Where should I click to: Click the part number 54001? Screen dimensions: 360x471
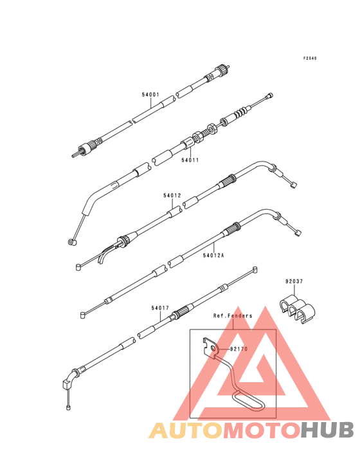[150, 95]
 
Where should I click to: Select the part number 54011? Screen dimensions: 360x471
[190, 160]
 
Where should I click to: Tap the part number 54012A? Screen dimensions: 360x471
[213, 255]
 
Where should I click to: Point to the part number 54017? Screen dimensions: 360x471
[160, 308]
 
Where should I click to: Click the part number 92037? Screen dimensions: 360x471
[294, 281]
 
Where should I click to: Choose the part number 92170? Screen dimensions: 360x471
[239, 349]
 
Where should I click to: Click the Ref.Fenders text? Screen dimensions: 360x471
[233, 316]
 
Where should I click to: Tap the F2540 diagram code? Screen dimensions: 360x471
[310, 59]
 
